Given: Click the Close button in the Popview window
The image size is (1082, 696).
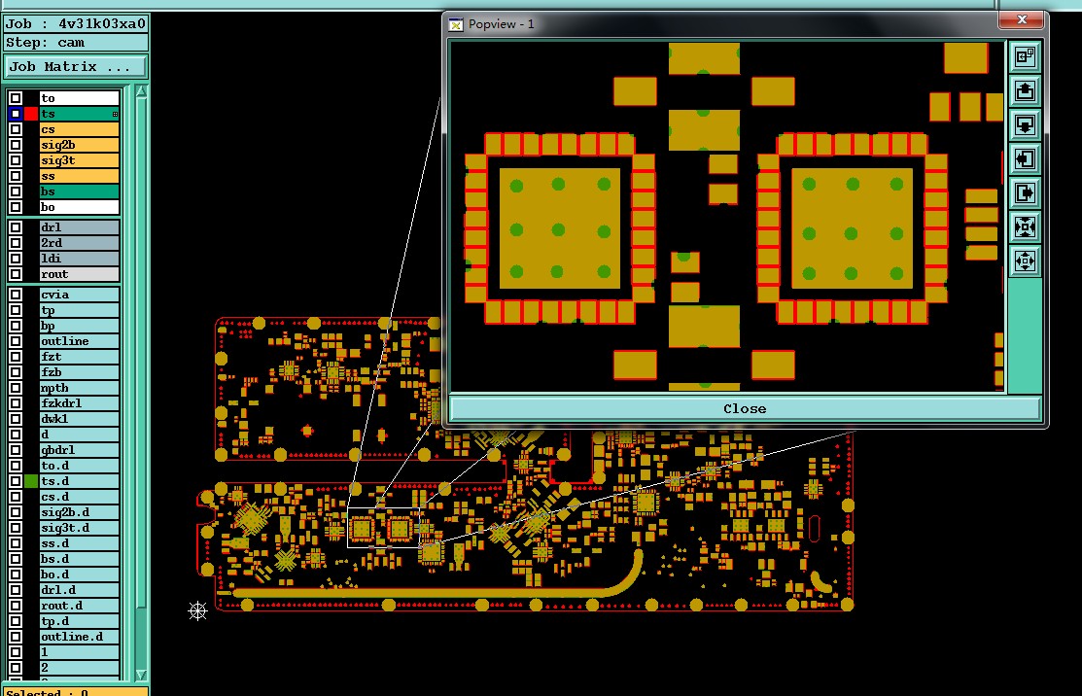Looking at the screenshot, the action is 745,408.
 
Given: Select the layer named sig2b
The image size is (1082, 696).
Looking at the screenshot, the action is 79,145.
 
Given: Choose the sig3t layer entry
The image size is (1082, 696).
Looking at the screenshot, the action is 79,160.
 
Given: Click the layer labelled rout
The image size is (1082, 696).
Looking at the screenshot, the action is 79,274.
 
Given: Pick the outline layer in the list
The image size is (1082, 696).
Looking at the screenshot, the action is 79,341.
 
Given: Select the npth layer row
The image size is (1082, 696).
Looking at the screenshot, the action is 79,388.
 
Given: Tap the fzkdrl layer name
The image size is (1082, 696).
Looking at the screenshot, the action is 79,403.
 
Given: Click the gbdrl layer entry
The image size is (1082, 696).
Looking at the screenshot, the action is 79,450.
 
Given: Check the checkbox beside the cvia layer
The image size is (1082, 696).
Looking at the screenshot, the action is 16,295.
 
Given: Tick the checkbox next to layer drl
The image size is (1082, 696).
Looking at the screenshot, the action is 16,227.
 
